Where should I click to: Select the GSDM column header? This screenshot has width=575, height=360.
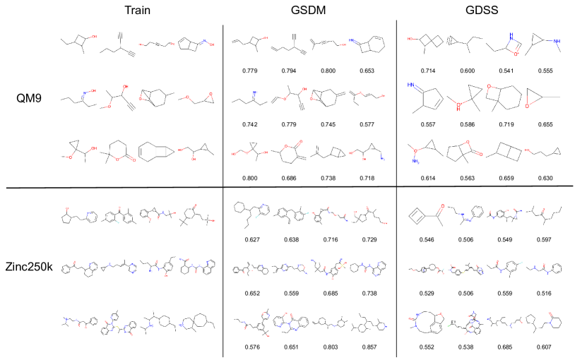[x=309, y=11]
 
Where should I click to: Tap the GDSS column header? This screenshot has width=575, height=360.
[x=487, y=11]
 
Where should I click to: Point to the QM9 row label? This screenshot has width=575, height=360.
[x=27, y=98]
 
